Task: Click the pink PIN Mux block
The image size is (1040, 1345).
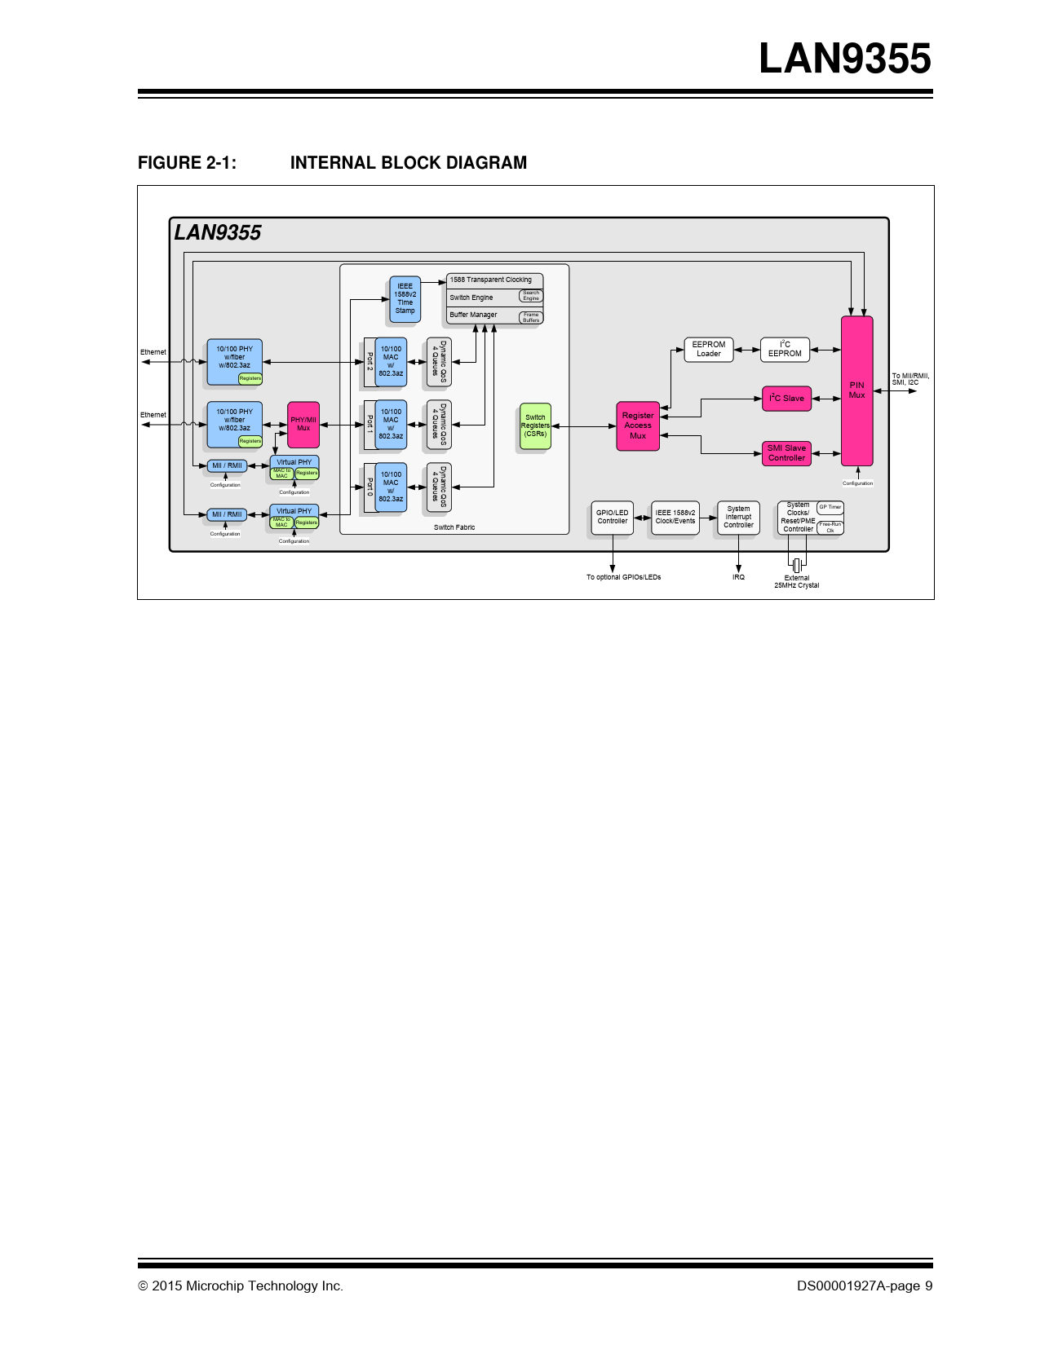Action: click(x=856, y=390)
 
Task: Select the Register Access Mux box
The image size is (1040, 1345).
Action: click(x=637, y=426)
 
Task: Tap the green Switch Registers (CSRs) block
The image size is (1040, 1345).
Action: click(x=535, y=426)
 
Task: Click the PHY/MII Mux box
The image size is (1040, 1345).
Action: click(x=303, y=424)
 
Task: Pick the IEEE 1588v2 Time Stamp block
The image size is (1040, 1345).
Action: click(x=405, y=298)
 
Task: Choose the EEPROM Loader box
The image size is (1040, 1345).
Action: click(x=708, y=349)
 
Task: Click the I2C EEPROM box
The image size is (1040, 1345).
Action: click(x=785, y=349)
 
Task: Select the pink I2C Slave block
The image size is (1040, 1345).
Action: click(x=786, y=399)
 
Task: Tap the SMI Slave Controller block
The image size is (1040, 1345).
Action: click(x=786, y=453)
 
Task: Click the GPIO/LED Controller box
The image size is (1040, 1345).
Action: click(x=612, y=518)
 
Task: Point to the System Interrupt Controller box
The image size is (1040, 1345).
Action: click(x=738, y=518)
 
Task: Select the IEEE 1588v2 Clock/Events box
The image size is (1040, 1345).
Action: click(x=675, y=518)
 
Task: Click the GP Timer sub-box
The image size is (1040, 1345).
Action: click(x=830, y=507)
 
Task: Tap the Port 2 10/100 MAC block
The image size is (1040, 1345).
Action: click(x=391, y=361)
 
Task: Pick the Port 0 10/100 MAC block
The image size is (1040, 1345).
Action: click(x=391, y=487)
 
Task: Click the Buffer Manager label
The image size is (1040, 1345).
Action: click(x=473, y=315)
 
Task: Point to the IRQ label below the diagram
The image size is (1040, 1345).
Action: click(x=738, y=577)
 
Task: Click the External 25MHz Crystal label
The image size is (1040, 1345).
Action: click(x=797, y=581)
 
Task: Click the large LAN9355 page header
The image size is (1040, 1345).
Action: click(x=844, y=59)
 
